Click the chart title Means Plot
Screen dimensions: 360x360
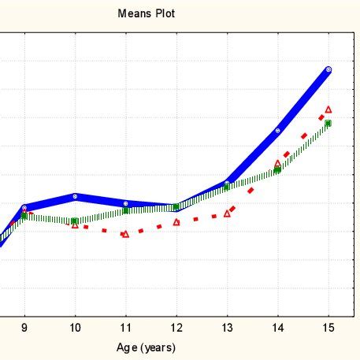click(147, 13)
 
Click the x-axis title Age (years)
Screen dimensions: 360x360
click(147, 347)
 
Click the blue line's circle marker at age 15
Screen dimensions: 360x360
click(328, 70)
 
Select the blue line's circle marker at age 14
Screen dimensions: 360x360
click(277, 131)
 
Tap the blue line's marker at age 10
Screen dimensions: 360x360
click(75, 196)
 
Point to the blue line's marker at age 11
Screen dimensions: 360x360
click(125, 203)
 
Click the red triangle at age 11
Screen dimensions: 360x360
click(125, 234)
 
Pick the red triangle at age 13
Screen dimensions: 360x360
click(227, 213)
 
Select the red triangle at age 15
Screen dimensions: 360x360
click(328, 109)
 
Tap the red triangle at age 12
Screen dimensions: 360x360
click(176, 222)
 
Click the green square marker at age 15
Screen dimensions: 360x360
click(328, 124)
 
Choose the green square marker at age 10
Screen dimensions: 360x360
click(75, 221)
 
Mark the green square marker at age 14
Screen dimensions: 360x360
click(277, 169)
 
